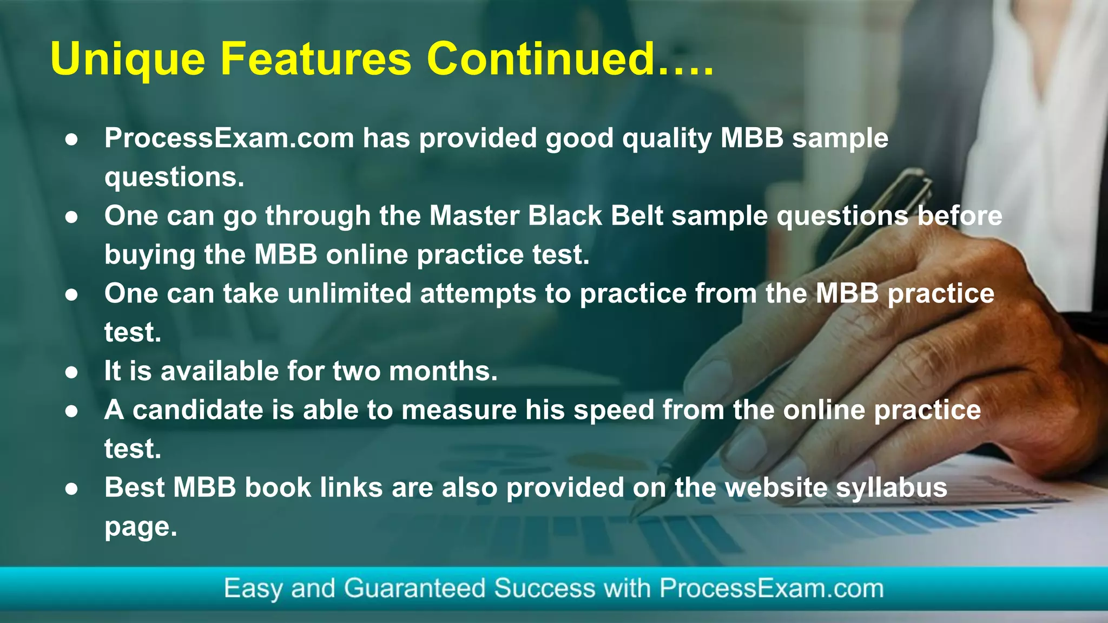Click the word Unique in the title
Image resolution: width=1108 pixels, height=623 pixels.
point(128,60)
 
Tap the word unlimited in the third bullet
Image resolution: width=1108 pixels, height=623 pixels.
point(349,294)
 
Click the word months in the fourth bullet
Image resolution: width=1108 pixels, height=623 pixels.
point(443,371)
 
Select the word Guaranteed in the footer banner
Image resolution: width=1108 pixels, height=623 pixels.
point(414,588)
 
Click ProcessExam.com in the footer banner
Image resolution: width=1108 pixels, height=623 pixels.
point(771,588)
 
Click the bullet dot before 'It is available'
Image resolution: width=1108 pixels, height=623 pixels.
point(71,372)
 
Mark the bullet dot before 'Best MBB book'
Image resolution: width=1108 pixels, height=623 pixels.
point(71,489)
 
